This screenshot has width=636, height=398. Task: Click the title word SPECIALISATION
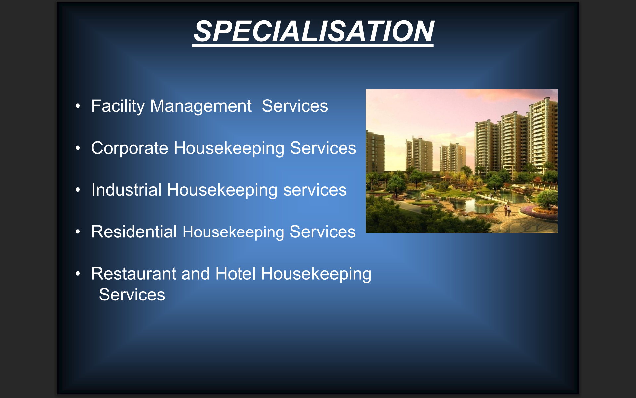pos(314,31)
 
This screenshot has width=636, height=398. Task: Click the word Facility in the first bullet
pos(118,106)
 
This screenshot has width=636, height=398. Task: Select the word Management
pos(201,106)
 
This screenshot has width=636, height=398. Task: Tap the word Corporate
pos(130,148)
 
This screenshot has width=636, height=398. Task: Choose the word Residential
pos(134,232)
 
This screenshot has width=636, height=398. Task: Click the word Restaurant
pos(134,274)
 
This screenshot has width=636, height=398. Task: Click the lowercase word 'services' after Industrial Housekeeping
pos(315,190)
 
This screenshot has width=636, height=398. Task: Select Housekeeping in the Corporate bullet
pos(229,148)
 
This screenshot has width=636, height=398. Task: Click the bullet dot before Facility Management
pos(78,106)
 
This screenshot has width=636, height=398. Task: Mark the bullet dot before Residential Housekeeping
pos(78,232)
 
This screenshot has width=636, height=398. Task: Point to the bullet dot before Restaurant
pos(78,274)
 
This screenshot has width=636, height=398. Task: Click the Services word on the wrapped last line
pos(132,295)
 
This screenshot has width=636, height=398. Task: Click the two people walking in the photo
pos(507,211)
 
